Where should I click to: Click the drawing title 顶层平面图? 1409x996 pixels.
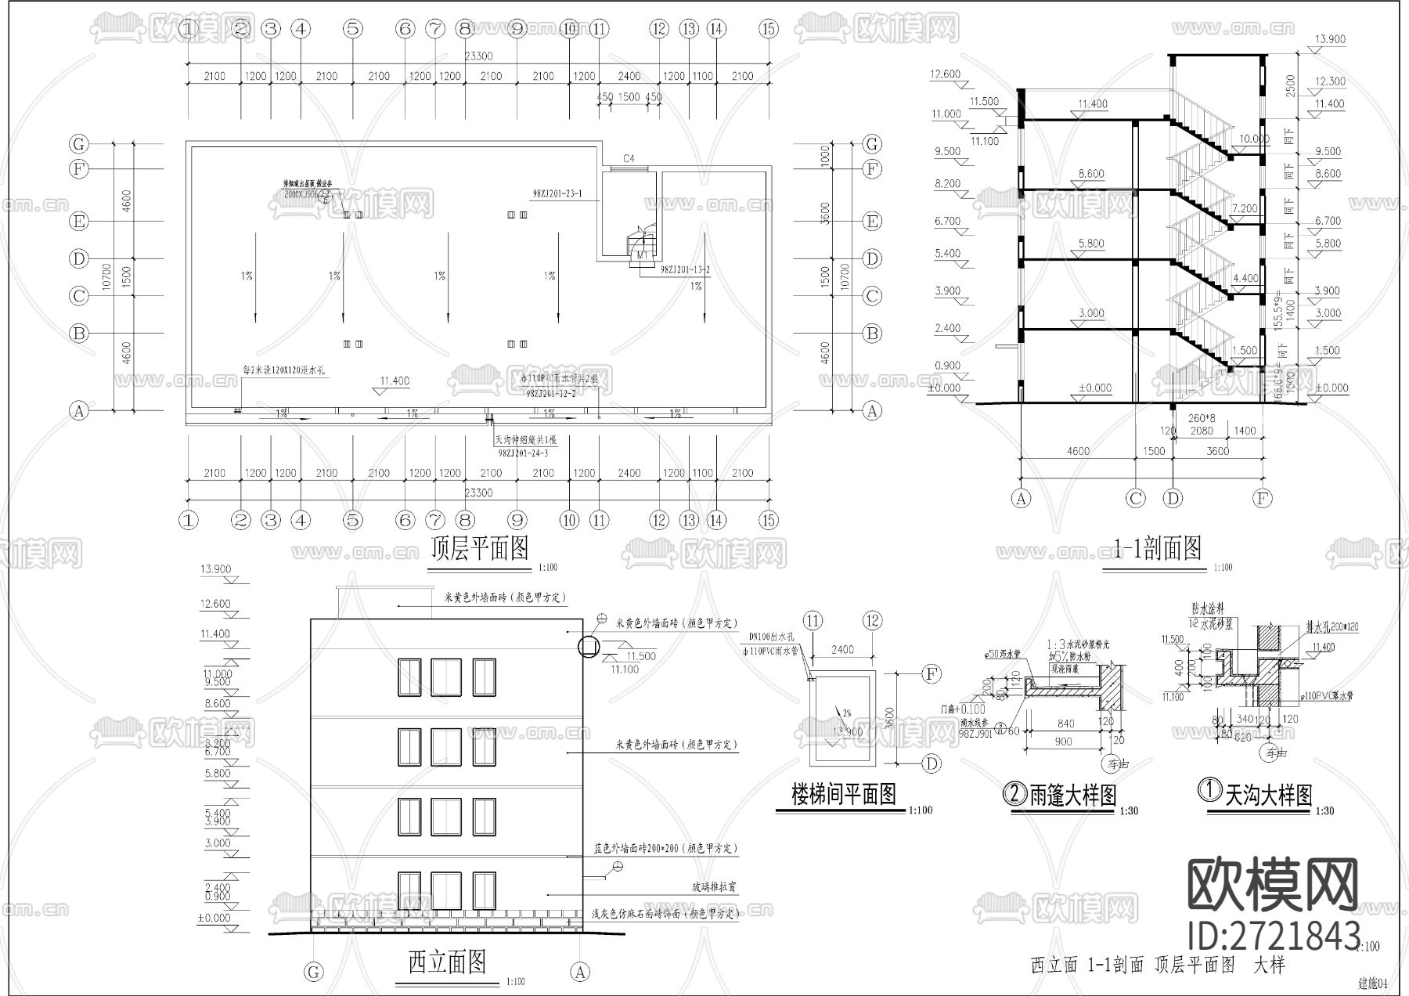click(x=480, y=549)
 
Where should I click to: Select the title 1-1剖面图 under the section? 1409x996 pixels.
click(x=1158, y=549)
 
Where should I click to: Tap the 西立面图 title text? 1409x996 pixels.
click(x=447, y=962)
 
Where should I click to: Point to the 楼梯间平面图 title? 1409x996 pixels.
click(x=843, y=796)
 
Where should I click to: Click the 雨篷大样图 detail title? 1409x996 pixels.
click(x=1061, y=796)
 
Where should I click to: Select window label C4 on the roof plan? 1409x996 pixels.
click(x=628, y=159)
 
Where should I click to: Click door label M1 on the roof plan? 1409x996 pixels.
click(x=641, y=255)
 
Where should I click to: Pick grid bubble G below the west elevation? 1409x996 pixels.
click(x=313, y=973)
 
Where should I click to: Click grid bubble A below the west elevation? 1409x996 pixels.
click(x=580, y=973)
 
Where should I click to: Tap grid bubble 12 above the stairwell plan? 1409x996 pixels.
click(x=873, y=621)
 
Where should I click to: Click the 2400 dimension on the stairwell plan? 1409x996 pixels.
click(x=842, y=650)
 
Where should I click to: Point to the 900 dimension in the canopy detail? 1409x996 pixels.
click(x=1063, y=742)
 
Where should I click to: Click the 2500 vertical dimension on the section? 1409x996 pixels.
click(x=1290, y=85)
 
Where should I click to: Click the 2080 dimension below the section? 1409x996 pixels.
click(x=1201, y=431)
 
